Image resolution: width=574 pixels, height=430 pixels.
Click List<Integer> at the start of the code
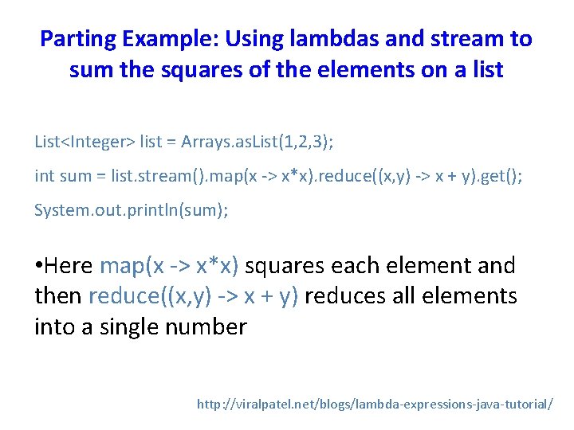pyautogui.click(x=85, y=143)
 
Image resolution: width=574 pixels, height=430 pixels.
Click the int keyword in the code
pyautogui.click(x=45, y=176)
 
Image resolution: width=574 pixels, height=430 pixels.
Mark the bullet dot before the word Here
pyautogui.click(x=39, y=266)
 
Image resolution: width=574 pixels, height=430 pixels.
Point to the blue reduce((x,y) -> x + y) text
pyautogui.click(x=194, y=296)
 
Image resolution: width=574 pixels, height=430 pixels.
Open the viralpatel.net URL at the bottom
pyautogui.click(x=374, y=404)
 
